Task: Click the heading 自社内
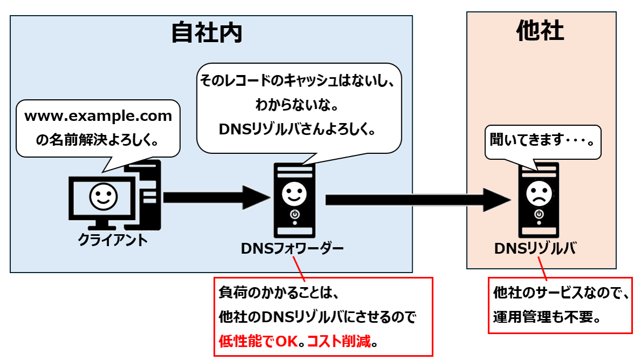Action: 207,33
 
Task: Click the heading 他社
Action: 540,31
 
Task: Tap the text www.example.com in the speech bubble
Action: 98,116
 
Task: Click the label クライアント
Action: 113,240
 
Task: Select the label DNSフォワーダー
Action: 292,248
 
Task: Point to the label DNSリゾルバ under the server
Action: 535,248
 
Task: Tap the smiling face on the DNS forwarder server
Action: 294,193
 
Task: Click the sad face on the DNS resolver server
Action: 538,193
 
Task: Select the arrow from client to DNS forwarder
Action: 216,198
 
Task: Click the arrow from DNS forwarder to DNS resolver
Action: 418,200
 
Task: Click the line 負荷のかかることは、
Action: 278,293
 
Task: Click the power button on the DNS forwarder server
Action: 294,215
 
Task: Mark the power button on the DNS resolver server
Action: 538,215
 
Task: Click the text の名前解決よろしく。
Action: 97,140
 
